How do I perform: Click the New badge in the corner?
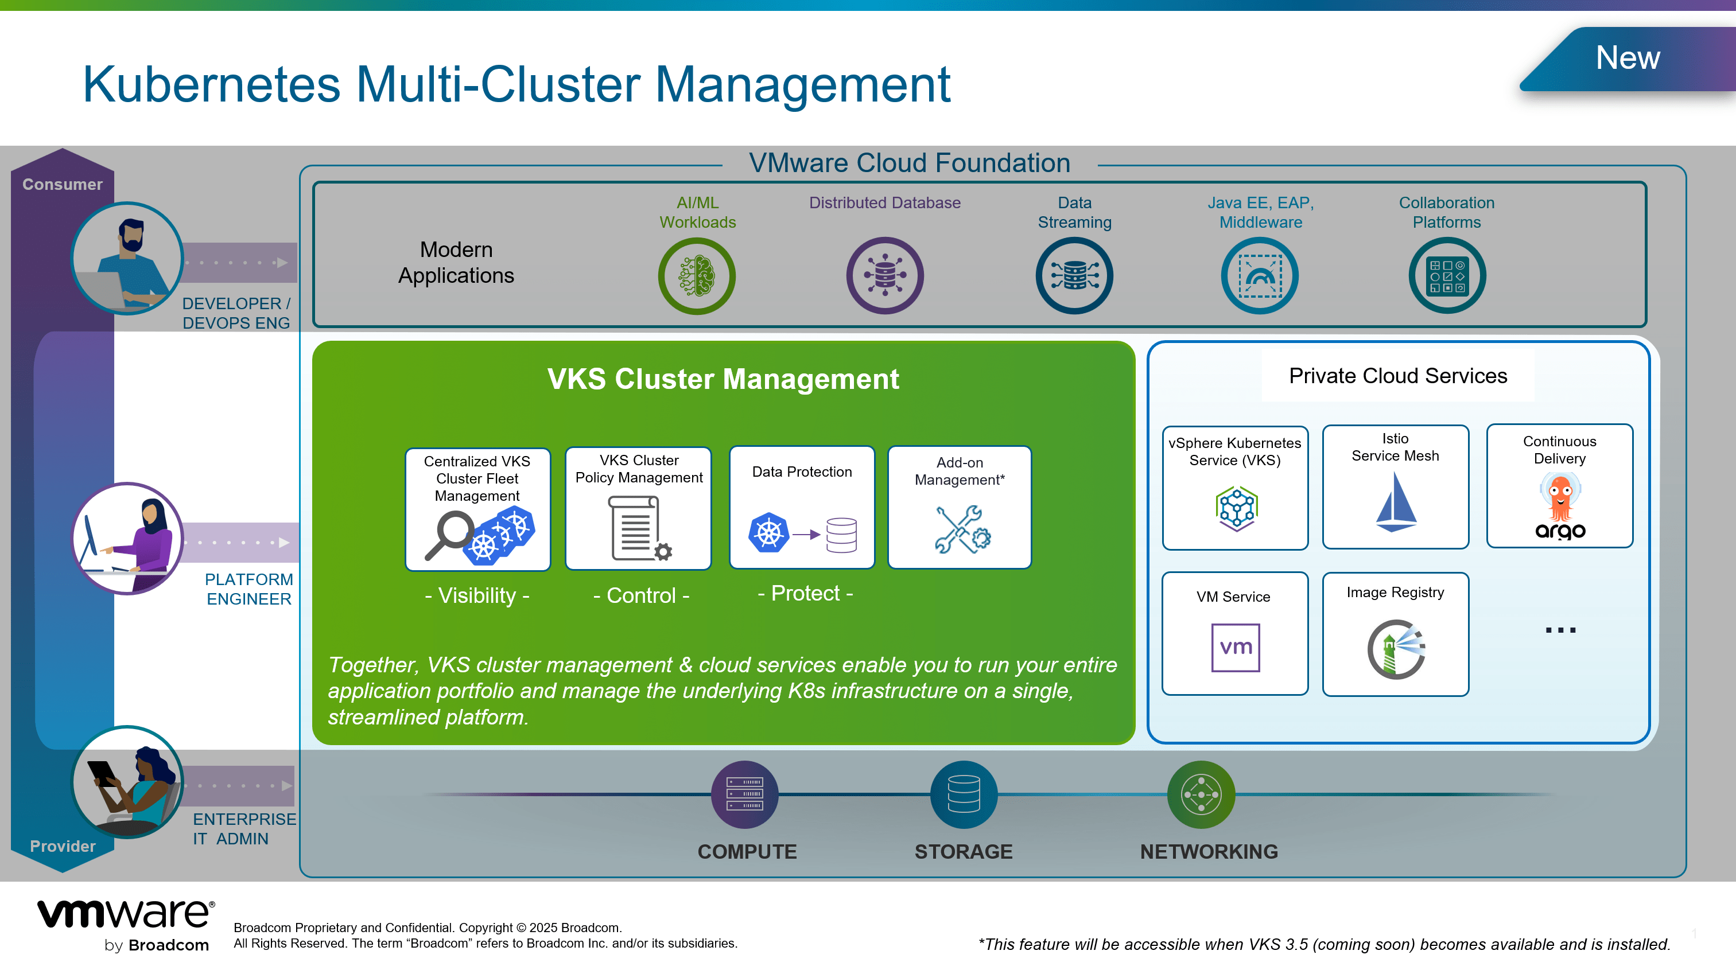1628,59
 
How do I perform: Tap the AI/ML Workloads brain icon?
697,275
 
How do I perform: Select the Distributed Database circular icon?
885,275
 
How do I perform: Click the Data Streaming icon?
1074,275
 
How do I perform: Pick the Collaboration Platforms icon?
1447,275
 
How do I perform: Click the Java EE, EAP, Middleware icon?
1260,275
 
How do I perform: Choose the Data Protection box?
802,507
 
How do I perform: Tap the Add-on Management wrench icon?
962,530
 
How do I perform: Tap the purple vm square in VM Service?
1235,647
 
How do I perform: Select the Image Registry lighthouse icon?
1396,649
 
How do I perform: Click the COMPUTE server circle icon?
745,794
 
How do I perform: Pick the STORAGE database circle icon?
964,794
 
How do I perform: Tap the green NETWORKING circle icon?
1201,794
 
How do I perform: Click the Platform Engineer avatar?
127,538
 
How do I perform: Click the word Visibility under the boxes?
477,595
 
